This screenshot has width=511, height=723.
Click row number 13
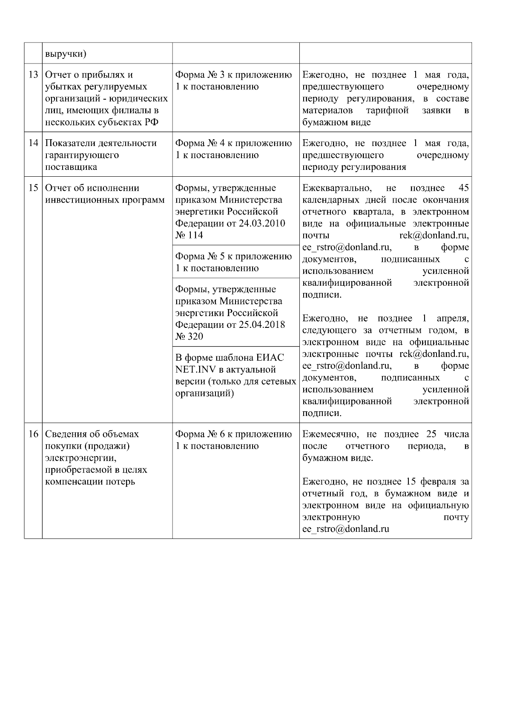(x=33, y=75)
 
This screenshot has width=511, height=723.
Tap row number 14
(x=33, y=143)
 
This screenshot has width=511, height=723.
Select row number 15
(x=33, y=188)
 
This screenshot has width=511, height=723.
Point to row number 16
(x=33, y=434)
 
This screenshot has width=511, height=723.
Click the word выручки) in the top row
(x=66, y=54)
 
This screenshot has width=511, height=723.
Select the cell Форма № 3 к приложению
(x=233, y=81)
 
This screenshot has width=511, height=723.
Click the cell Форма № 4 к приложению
(x=233, y=149)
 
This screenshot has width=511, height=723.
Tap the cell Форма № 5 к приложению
(x=233, y=262)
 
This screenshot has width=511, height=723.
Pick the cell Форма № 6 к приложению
(x=233, y=440)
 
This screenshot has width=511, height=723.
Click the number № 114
(x=189, y=235)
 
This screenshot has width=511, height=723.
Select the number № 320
(x=189, y=337)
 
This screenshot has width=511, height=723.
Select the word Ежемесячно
(x=330, y=434)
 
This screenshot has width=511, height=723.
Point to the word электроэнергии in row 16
(x=80, y=458)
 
